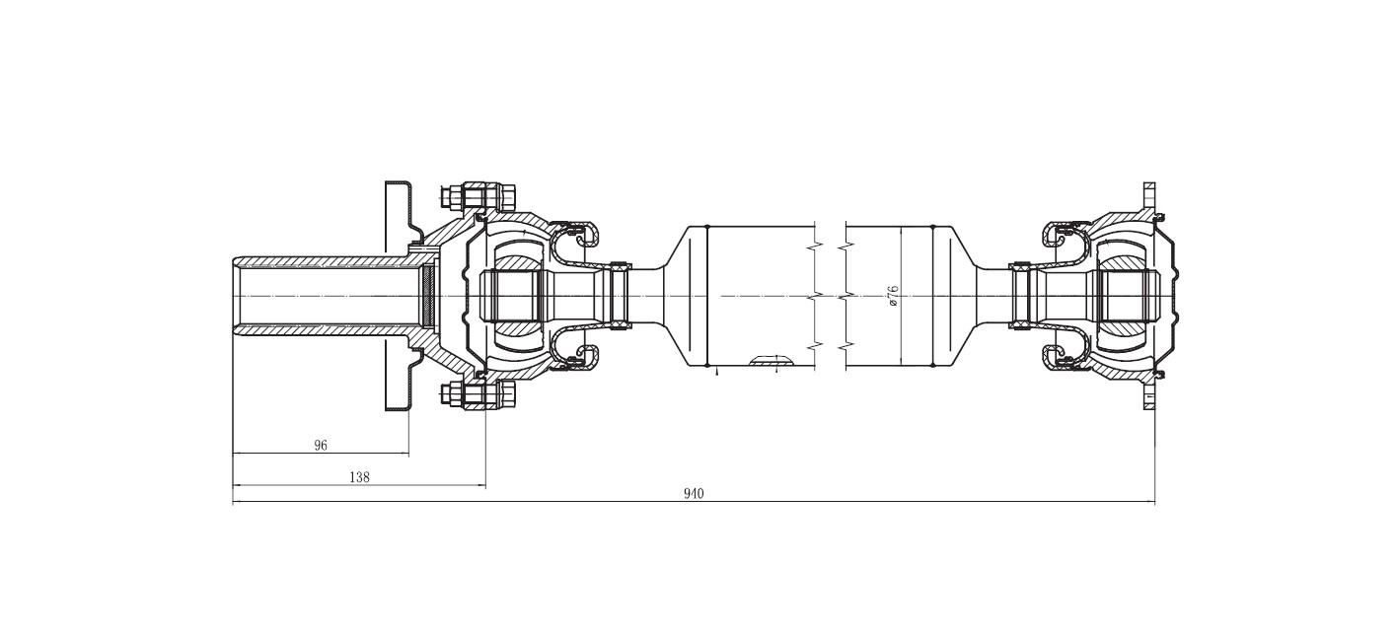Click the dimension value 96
(x=321, y=446)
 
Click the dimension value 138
(x=359, y=477)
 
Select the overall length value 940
(x=694, y=494)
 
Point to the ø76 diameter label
(x=893, y=295)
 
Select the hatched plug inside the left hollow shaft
(x=428, y=296)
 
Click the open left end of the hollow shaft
(x=237, y=296)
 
